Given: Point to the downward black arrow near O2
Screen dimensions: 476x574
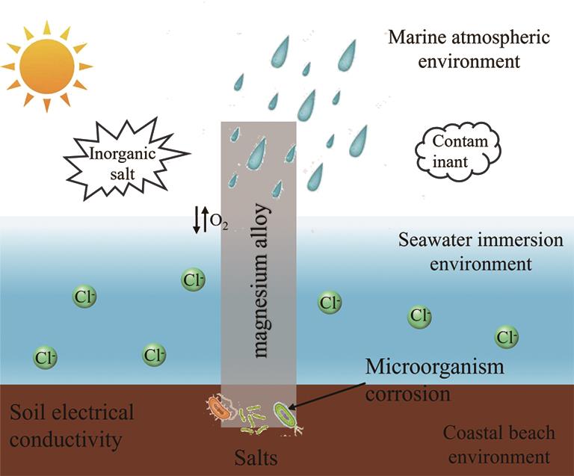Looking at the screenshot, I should click(x=197, y=220).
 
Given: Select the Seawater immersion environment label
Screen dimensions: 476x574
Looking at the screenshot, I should click(x=469, y=252).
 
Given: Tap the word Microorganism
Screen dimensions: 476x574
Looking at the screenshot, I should click(x=434, y=368).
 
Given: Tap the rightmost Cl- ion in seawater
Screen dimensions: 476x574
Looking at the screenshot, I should click(x=507, y=337).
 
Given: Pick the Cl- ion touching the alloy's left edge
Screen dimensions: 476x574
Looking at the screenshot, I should click(x=194, y=281).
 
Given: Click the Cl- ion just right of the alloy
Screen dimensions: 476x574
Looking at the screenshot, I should click(x=330, y=303).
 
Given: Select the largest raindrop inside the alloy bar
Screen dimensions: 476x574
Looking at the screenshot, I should click(x=257, y=153).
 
